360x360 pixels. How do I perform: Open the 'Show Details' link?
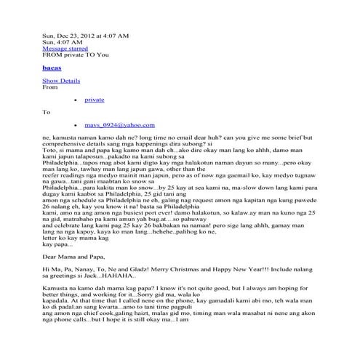[61, 80]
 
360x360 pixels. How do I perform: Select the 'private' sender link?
[94, 99]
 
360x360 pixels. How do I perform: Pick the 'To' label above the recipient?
[47, 112]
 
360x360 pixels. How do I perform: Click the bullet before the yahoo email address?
[76, 125]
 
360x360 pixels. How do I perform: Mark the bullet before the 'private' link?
[76, 99]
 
